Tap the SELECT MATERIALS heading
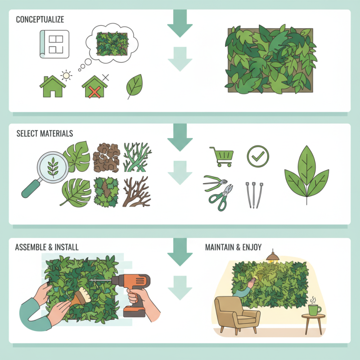pos(45,134)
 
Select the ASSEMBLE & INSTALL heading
pos(46,247)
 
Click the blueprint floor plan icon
pos(54,44)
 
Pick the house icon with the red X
pos(94,87)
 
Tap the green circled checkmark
pos(258,156)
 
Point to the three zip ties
pos(254,194)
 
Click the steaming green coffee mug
pos(314,310)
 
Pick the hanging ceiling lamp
pos(272,257)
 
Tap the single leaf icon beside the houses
pos(134,85)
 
